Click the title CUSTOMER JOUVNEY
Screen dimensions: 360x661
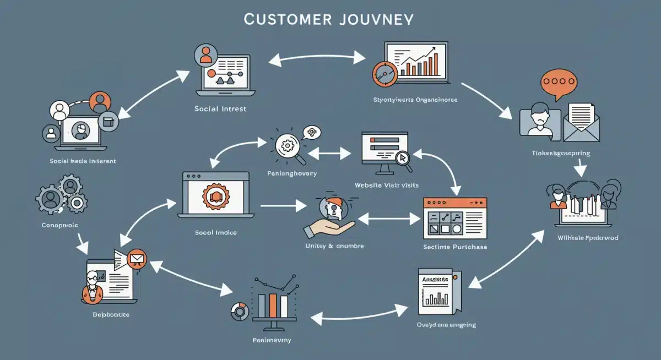pyautogui.click(x=328, y=19)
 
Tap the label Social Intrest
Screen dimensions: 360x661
pyautogui.click(x=220, y=108)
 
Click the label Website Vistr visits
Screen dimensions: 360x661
pyautogui.click(x=386, y=185)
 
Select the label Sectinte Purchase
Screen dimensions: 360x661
pyautogui.click(x=454, y=247)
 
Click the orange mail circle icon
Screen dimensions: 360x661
pyautogui.click(x=135, y=258)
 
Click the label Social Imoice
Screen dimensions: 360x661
pyautogui.click(x=215, y=232)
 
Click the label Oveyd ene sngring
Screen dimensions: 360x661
pyautogui.click(x=446, y=325)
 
